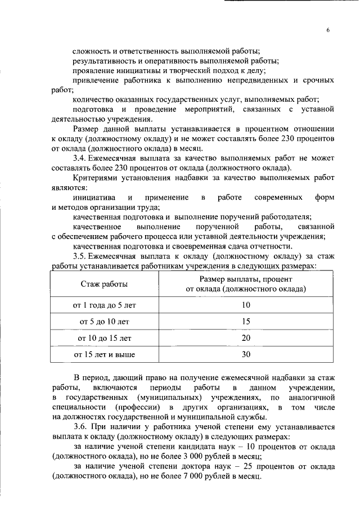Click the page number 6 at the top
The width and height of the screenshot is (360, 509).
[x=327, y=31]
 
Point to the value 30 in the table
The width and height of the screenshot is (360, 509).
[x=246, y=355]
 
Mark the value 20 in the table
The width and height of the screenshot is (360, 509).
[x=246, y=338]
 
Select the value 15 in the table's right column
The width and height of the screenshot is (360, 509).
[x=246, y=321]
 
